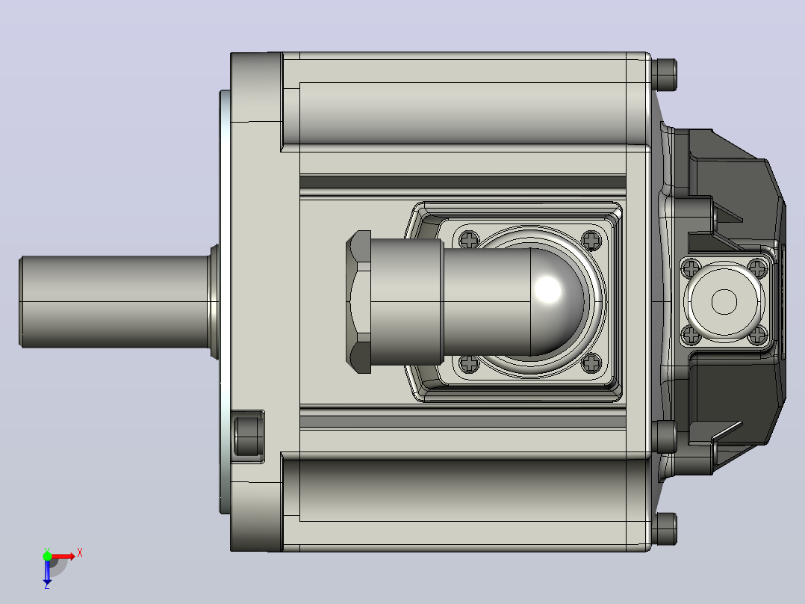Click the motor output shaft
coord(116,302)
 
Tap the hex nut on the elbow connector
coord(359,302)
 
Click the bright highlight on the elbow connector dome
coord(548,289)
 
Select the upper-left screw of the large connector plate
coord(469,239)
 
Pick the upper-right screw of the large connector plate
coord(591,239)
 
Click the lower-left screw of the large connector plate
coord(469,363)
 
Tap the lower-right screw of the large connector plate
coord(591,363)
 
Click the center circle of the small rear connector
coord(724,302)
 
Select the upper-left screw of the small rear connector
coord(691,268)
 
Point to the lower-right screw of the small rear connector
coord(758,336)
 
